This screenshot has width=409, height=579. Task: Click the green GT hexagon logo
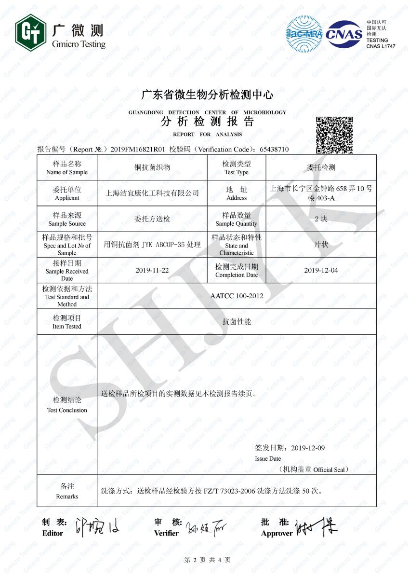(30, 32)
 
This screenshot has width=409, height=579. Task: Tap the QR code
(334, 135)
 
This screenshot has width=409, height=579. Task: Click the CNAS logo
(344, 34)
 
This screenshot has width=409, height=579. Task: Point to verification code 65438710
(274, 149)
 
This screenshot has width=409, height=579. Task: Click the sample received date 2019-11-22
(152, 270)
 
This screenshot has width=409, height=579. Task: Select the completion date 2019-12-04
(321, 270)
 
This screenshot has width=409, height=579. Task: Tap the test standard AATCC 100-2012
(237, 296)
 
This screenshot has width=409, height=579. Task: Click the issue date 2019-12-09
(308, 448)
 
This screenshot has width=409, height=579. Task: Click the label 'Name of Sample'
(67, 172)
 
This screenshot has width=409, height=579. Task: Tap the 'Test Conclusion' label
(67, 410)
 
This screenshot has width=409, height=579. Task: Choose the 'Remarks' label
(67, 496)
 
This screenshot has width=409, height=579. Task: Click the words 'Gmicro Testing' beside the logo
(78, 44)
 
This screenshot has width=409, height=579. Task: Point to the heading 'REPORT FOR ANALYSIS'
(207, 134)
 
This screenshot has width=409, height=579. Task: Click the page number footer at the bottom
(207, 560)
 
